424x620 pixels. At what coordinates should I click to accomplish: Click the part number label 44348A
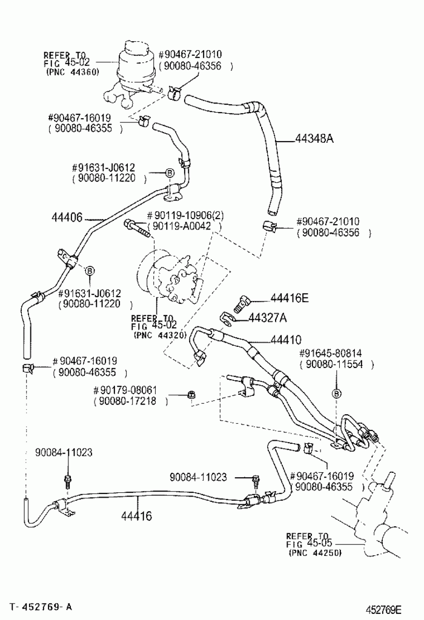(x=314, y=139)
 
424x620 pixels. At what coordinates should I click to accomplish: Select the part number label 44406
(x=67, y=217)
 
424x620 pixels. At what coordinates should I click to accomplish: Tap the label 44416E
(x=290, y=298)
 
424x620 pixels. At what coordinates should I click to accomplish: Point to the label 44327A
(x=268, y=317)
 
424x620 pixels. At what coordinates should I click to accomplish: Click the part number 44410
(x=286, y=340)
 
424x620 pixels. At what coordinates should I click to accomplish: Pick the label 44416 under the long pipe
(x=136, y=516)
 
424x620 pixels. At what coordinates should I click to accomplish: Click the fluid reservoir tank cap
(x=136, y=48)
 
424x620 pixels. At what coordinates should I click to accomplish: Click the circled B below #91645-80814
(x=337, y=394)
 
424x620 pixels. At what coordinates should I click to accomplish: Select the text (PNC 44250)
(x=314, y=553)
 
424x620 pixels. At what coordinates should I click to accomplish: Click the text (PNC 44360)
(x=72, y=72)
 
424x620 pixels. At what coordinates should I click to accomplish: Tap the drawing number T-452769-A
(x=41, y=607)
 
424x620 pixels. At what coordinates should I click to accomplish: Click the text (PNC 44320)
(x=160, y=335)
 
